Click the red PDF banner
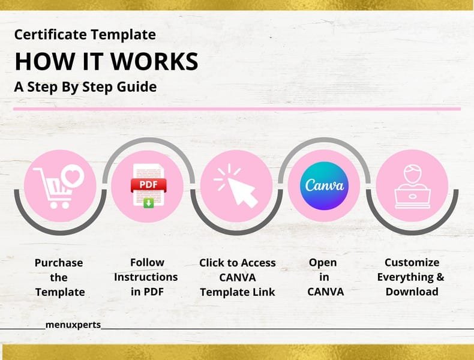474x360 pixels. [x=148, y=185]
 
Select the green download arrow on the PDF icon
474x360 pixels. [x=148, y=203]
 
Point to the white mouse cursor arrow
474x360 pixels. [x=242, y=192]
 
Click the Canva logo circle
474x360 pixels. [x=324, y=186]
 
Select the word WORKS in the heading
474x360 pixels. [x=154, y=62]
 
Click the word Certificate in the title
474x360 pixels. [x=50, y=34]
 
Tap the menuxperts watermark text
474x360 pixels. [x=73, y=325]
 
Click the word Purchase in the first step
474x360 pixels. [x=59, y=263]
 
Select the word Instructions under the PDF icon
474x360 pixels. [x=146, y=277]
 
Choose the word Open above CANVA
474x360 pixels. [x=323, y=263]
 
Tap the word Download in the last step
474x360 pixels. [x=412, y=292]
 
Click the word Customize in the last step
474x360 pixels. [x=412, y=262]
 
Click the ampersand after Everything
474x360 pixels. [x=440, y=277]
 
